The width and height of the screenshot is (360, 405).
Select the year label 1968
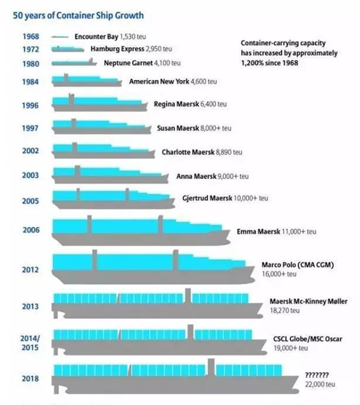pos(30,37)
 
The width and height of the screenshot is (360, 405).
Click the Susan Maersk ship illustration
pos(100,128)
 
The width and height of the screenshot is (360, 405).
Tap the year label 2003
pos(30,175)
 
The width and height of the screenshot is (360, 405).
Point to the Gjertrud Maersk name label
pos(208,198)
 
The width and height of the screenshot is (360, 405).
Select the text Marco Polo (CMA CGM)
pos(296,265)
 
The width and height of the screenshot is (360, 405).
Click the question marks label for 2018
pos(317,374)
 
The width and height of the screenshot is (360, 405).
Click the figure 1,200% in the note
pos(251,63)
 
